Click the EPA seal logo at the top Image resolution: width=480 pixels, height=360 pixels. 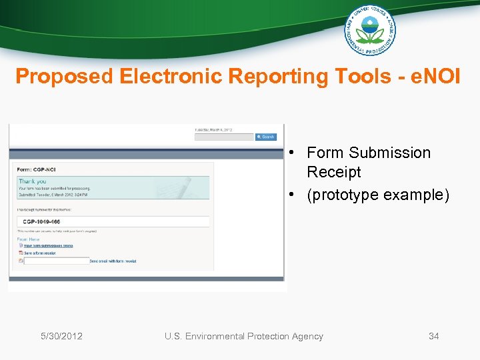point(370,30)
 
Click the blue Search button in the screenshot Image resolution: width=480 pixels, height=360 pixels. point(266,137)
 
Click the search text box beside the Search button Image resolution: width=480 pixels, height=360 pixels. point(224,137)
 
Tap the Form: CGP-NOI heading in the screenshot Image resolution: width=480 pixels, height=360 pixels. point(37,169)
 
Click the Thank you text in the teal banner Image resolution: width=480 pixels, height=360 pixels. point(33,181)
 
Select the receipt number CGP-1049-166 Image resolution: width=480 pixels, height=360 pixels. point(41,221)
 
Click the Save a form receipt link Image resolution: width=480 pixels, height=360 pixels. point(40,253)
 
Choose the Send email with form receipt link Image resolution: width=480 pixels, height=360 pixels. point(113,261)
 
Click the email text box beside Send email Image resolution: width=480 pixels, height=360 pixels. point(56,261)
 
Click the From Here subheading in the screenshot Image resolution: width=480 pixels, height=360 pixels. point(29,239)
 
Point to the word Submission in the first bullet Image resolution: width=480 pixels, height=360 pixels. point(389,153)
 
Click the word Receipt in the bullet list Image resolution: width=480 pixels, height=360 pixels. point(333,172)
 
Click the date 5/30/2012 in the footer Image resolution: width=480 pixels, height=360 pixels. point(61,336)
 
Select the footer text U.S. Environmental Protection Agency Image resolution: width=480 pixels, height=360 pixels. point(243,336)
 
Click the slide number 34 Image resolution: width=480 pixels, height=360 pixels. point(433,336)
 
